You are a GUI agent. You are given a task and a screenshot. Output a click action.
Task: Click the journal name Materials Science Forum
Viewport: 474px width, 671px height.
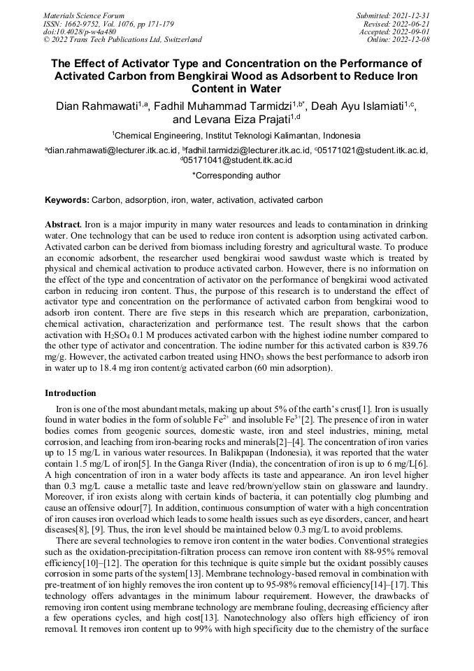[x=84, y=15]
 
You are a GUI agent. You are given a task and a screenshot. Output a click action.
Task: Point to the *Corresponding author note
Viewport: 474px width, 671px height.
[x=236, y=176]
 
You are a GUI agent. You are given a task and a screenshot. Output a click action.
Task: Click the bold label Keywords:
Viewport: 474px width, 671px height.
[x=67, y=200]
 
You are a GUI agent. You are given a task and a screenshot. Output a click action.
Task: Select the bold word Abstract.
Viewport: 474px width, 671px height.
[x=63, y=225]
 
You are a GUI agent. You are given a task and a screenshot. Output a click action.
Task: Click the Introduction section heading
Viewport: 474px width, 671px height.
[x=70, y=393]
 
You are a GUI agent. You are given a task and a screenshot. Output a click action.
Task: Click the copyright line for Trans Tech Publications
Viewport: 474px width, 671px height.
[x=122, y=40]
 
